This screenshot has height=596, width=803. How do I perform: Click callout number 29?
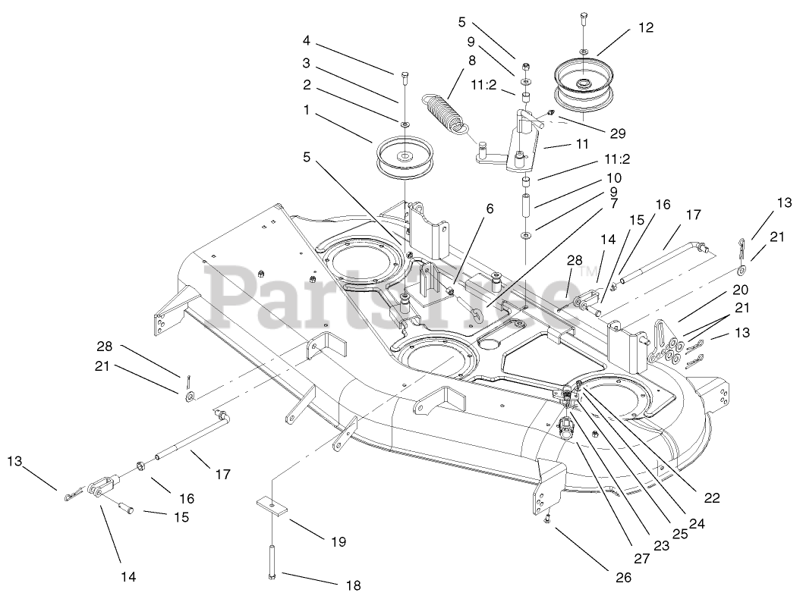pos(617,133)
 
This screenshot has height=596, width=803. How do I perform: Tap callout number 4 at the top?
pos(307,39)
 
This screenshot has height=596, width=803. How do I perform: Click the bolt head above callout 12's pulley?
pos(583,17)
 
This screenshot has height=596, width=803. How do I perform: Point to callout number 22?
pos(711,497)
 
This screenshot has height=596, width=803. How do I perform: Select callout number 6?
pos(490,209)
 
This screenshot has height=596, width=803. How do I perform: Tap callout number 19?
pos(338,541)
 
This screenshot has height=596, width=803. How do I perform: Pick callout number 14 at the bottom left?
pos(128,576)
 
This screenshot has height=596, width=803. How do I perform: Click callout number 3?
pos(307,63)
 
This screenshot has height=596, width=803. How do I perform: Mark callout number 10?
pos(614,177)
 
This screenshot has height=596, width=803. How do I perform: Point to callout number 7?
pos(614,203)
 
